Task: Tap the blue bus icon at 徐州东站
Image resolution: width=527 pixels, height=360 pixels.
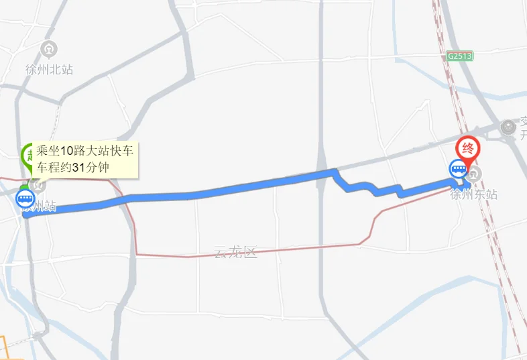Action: coord(459,168)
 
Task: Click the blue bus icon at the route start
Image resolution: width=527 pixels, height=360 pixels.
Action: coord(25,198)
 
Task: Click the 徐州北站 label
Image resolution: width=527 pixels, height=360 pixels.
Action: coord(49,69)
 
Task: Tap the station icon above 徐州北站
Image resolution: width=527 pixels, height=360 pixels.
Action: coord(49,49)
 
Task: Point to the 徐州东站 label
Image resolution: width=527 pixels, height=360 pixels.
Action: coord(474,194)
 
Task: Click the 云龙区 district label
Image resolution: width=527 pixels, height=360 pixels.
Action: coord(236,253)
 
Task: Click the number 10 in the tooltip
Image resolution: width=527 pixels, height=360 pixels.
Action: coord(66,152)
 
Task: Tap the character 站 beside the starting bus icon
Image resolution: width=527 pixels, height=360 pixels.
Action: coord(48,206)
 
